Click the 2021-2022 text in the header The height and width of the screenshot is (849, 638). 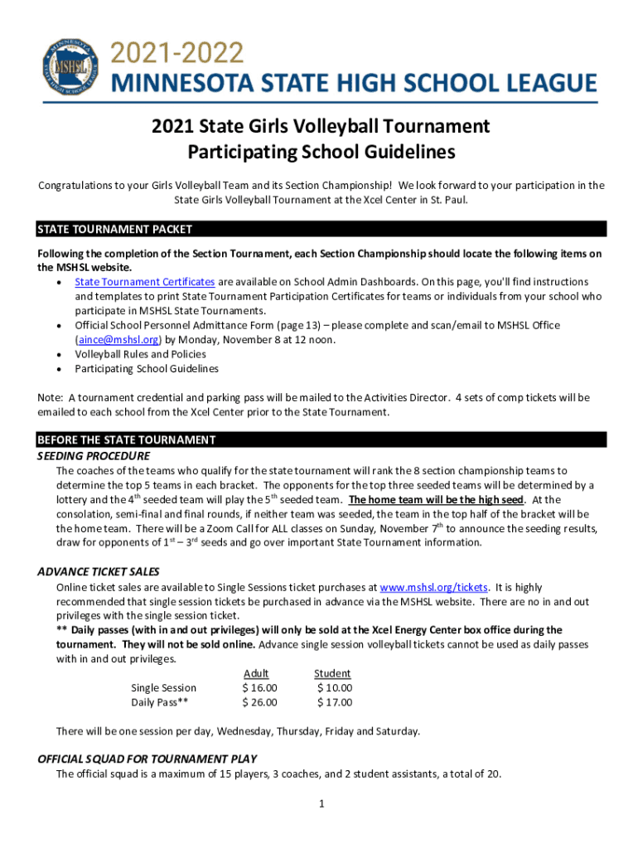click(178, 54)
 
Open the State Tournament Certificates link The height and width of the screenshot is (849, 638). click(145, 282)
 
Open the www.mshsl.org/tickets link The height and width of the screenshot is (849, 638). click(433, 587)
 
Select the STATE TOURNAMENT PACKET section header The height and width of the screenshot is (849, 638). click(115, 229)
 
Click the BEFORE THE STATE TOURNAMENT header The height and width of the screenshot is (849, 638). click(127, 440)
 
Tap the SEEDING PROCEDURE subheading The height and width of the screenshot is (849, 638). click(94, 456)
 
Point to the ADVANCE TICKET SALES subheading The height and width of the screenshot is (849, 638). click(99, 572)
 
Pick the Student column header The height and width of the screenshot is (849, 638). click(332, 673)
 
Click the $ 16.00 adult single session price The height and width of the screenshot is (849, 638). click(259, 688)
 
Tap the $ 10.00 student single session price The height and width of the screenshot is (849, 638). click(335, 688)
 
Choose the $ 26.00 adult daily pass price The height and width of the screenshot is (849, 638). click(259, 702)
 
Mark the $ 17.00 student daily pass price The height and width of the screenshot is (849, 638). click(335, 702)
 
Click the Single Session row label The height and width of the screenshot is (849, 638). click(164, 688)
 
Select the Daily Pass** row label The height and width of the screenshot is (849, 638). click(160, 702)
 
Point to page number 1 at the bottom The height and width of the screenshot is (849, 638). click(319, 804)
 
